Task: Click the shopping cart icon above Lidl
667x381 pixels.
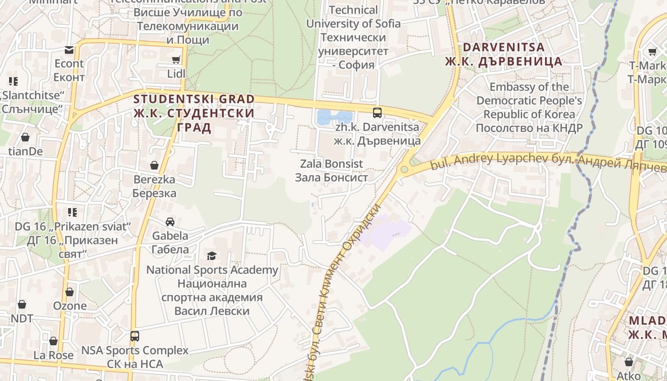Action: tap(176, 60)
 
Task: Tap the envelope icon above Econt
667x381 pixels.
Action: tap(69, 50)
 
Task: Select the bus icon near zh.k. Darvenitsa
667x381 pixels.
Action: tap(377, 113)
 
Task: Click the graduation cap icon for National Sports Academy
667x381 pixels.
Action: tap(212, 256)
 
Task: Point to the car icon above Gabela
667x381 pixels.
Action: tap(170, 222)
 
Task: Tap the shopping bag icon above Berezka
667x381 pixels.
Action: tap(154, 165)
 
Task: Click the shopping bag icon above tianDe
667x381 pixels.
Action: tap(25, 138)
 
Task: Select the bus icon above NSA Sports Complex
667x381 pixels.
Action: tap(135, 336)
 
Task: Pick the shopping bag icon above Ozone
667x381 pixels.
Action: tap(70, 292)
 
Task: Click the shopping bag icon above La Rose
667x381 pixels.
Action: tap(53, 341)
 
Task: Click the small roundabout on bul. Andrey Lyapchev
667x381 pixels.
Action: tap(404, 169)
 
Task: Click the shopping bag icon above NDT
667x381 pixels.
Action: tap(22, 304)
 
